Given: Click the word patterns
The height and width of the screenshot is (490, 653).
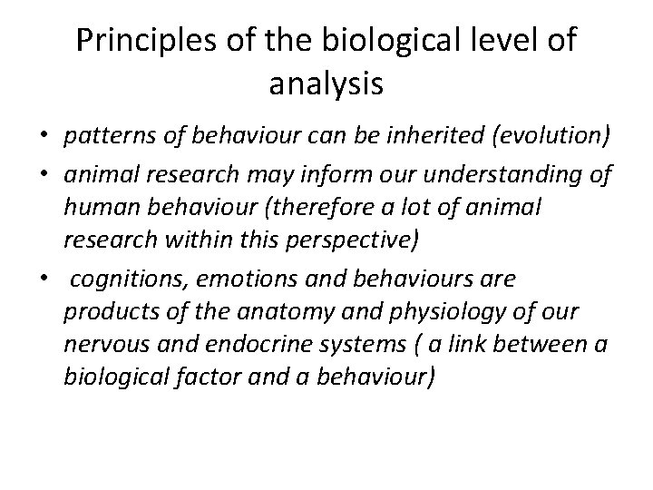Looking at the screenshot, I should click(x=101, y=137).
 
